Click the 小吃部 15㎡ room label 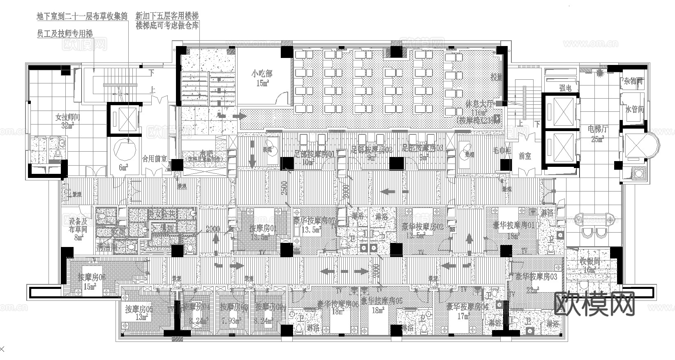[262, 78]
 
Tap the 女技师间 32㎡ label [68, 121]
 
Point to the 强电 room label [565, 88]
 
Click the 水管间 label [634, 109]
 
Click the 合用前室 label [154, 158]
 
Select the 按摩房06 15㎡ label [92, 282]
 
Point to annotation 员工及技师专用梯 [65, 34]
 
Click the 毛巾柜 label [502, 150]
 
